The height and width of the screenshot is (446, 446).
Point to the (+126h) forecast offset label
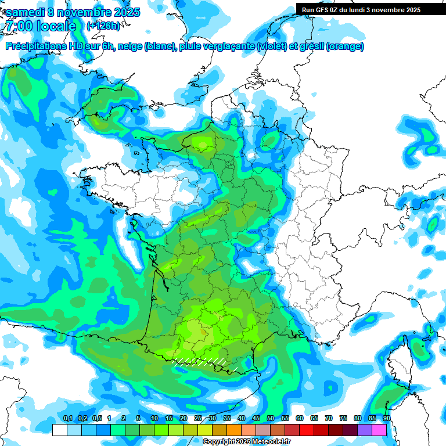coord(103,26)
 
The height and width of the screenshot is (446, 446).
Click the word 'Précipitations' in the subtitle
coord(38,46)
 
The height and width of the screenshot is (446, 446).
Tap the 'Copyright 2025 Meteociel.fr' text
coord(247,442)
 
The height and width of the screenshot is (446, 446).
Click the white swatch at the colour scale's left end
coord(59,430)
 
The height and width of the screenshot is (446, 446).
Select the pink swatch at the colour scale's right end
coord(379,430)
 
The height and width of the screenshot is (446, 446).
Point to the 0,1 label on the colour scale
coord(67,419)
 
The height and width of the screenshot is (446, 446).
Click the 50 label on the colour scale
coord(271,419)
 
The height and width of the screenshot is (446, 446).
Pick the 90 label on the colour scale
coord(386,419)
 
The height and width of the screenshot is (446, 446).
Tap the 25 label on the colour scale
coord(198,419)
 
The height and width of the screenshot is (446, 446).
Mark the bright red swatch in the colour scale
coord(307,430)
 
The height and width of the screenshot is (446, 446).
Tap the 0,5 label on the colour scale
coord(96,419)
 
